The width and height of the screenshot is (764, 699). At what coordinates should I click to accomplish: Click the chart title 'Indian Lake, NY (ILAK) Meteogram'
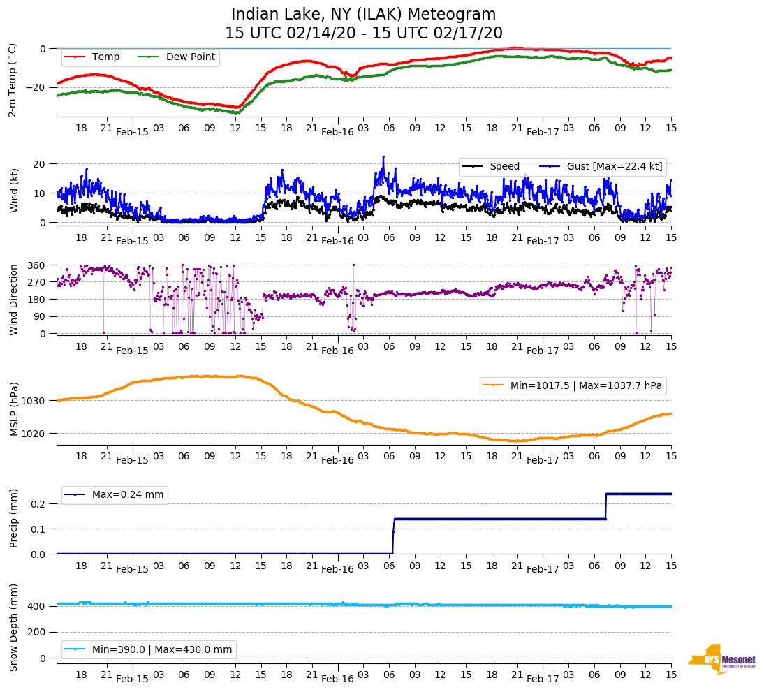click(363, 15)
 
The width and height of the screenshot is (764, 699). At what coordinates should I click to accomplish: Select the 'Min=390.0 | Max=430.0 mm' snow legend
click(161, 649)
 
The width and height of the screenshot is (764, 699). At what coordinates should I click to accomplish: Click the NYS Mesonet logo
click(722, 659)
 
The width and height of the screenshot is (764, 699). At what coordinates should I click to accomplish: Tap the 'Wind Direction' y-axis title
click(13, 300)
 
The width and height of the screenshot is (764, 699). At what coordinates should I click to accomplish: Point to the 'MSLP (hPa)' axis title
click(13, 409)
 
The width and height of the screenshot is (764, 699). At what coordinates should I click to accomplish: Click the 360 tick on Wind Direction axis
click(37, 265)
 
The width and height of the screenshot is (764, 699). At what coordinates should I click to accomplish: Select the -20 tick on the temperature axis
click(35, 87)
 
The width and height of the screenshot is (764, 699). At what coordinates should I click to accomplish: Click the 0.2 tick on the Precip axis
click(39, 504)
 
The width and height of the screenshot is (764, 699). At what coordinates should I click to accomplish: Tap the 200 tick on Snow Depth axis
click(37, 632)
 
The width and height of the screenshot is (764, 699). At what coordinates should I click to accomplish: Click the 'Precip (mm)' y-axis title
click(13, 520)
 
